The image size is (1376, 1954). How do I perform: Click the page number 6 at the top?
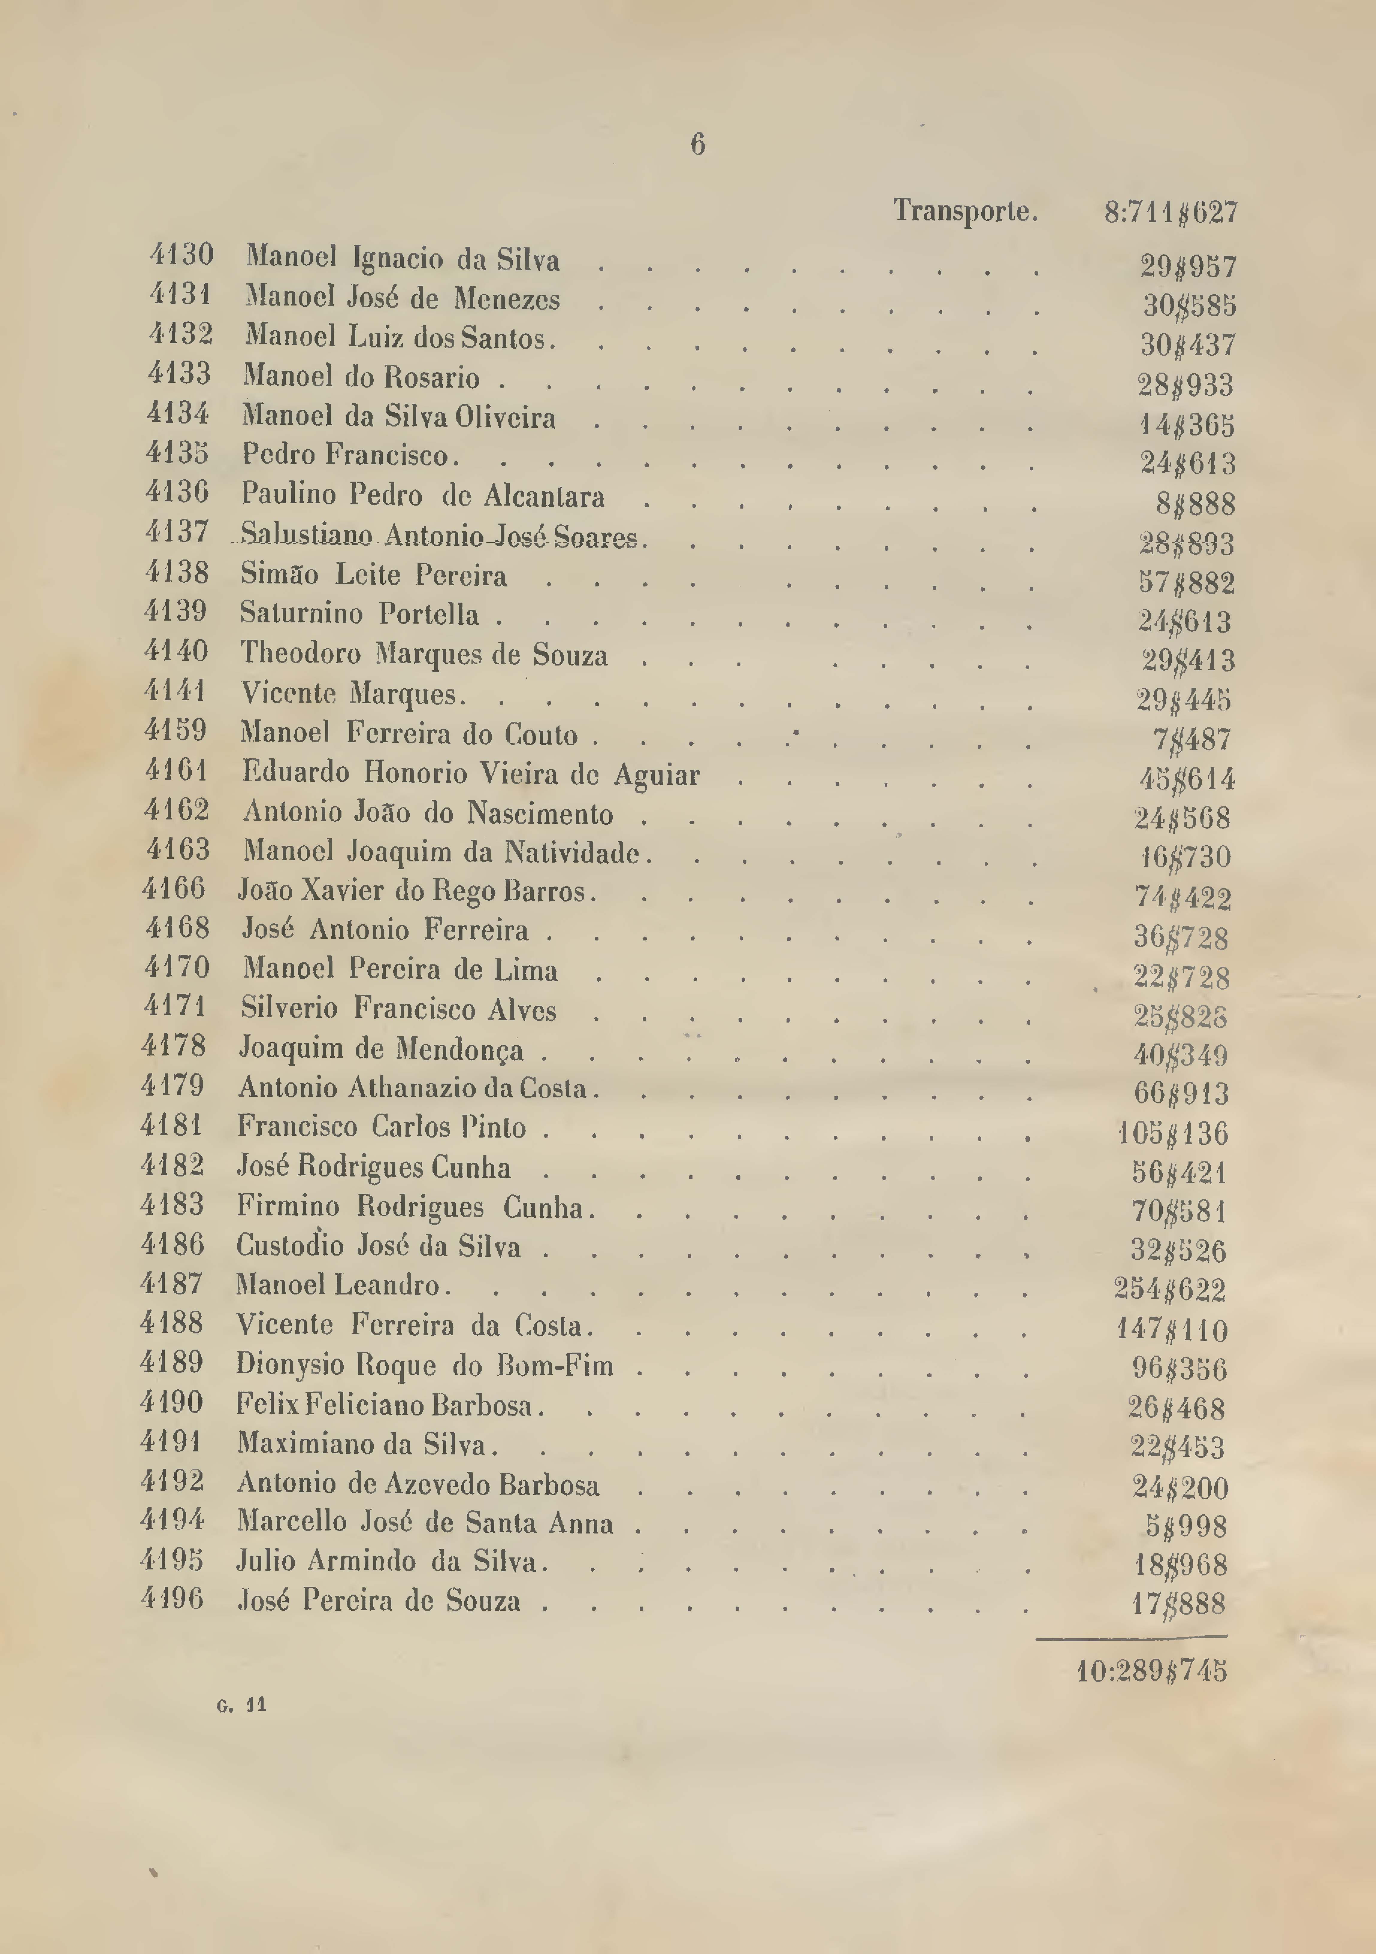697,145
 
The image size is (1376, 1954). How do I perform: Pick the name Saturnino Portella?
359,614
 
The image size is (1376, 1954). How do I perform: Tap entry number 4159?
175,730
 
